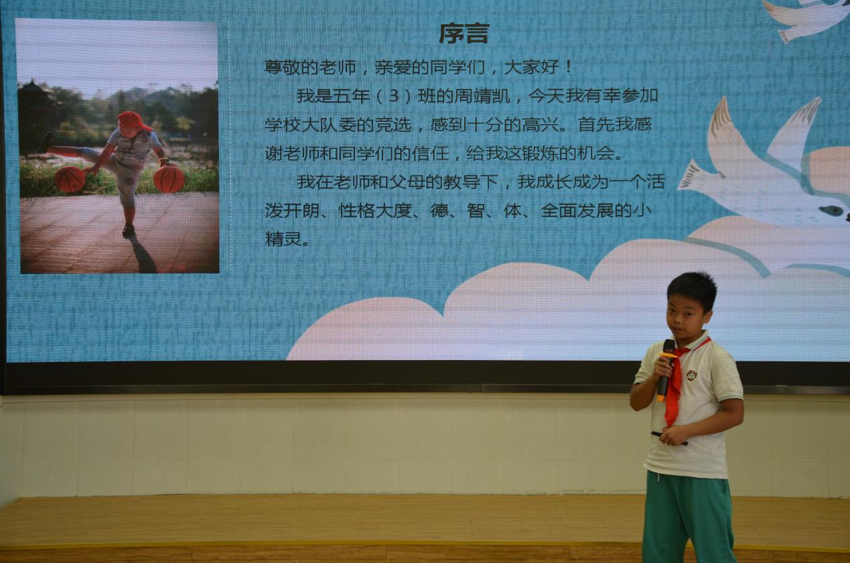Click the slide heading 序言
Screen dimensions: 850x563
coord(464,34)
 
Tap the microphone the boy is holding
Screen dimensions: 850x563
coord(666,370)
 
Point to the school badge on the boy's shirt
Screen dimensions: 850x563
coord(691,375)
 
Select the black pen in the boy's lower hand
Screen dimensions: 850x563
coord(670,438)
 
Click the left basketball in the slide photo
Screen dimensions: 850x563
coord(70,179)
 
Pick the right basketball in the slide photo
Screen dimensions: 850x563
coord(169,178)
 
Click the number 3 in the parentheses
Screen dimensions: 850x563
coord(393,96)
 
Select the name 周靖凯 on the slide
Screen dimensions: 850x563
coord(483,96)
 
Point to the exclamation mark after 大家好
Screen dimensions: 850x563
coord(568,68)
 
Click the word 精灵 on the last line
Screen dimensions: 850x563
coord(283,239)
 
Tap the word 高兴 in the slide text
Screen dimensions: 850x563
coord(541,125)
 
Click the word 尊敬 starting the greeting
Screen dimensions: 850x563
coord(283,67)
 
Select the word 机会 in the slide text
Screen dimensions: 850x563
coord(595,153)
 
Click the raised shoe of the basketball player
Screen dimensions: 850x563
coord(46,143)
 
